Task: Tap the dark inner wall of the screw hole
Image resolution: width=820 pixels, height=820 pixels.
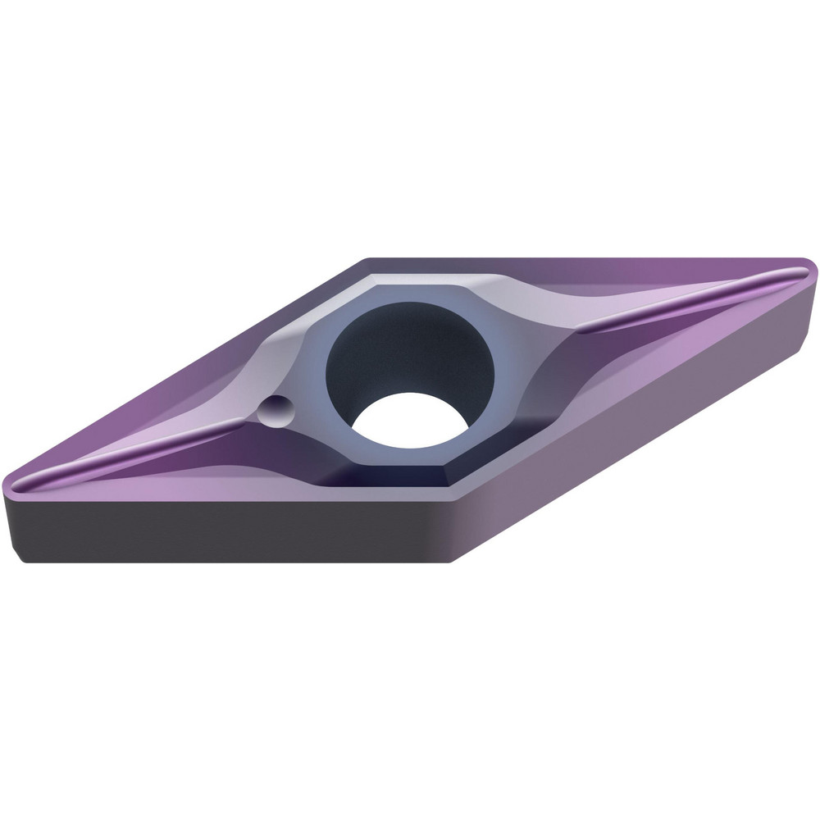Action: [385, 344]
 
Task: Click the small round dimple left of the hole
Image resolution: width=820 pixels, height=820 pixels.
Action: [274, 410]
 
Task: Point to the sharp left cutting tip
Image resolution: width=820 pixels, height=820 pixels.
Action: [11, 485]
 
